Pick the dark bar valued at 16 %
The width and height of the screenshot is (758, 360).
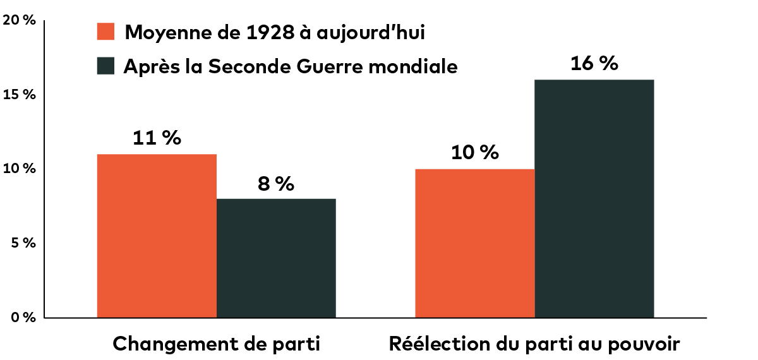coord(594,198)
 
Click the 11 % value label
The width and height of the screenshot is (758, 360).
coord(157,138)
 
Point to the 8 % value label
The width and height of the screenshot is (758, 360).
coord(276,184)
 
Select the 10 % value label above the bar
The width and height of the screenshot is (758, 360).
coord(474,153)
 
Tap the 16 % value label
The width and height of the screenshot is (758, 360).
coord(594,64)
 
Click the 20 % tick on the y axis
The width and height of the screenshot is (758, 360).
coord(19,20)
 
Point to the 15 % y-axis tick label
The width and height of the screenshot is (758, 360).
coord(20,95)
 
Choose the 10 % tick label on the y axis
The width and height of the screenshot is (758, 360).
coord(20,169)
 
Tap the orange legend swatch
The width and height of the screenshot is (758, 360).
coord(105,32)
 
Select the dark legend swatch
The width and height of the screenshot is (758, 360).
coord(105,66)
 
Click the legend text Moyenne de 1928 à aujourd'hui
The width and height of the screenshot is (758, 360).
coord(275,32)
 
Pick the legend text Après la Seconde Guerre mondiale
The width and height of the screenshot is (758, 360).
coord(290,66)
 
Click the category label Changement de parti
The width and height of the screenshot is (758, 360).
coord(217,344)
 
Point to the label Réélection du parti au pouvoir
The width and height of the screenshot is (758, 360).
coord(534,344)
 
